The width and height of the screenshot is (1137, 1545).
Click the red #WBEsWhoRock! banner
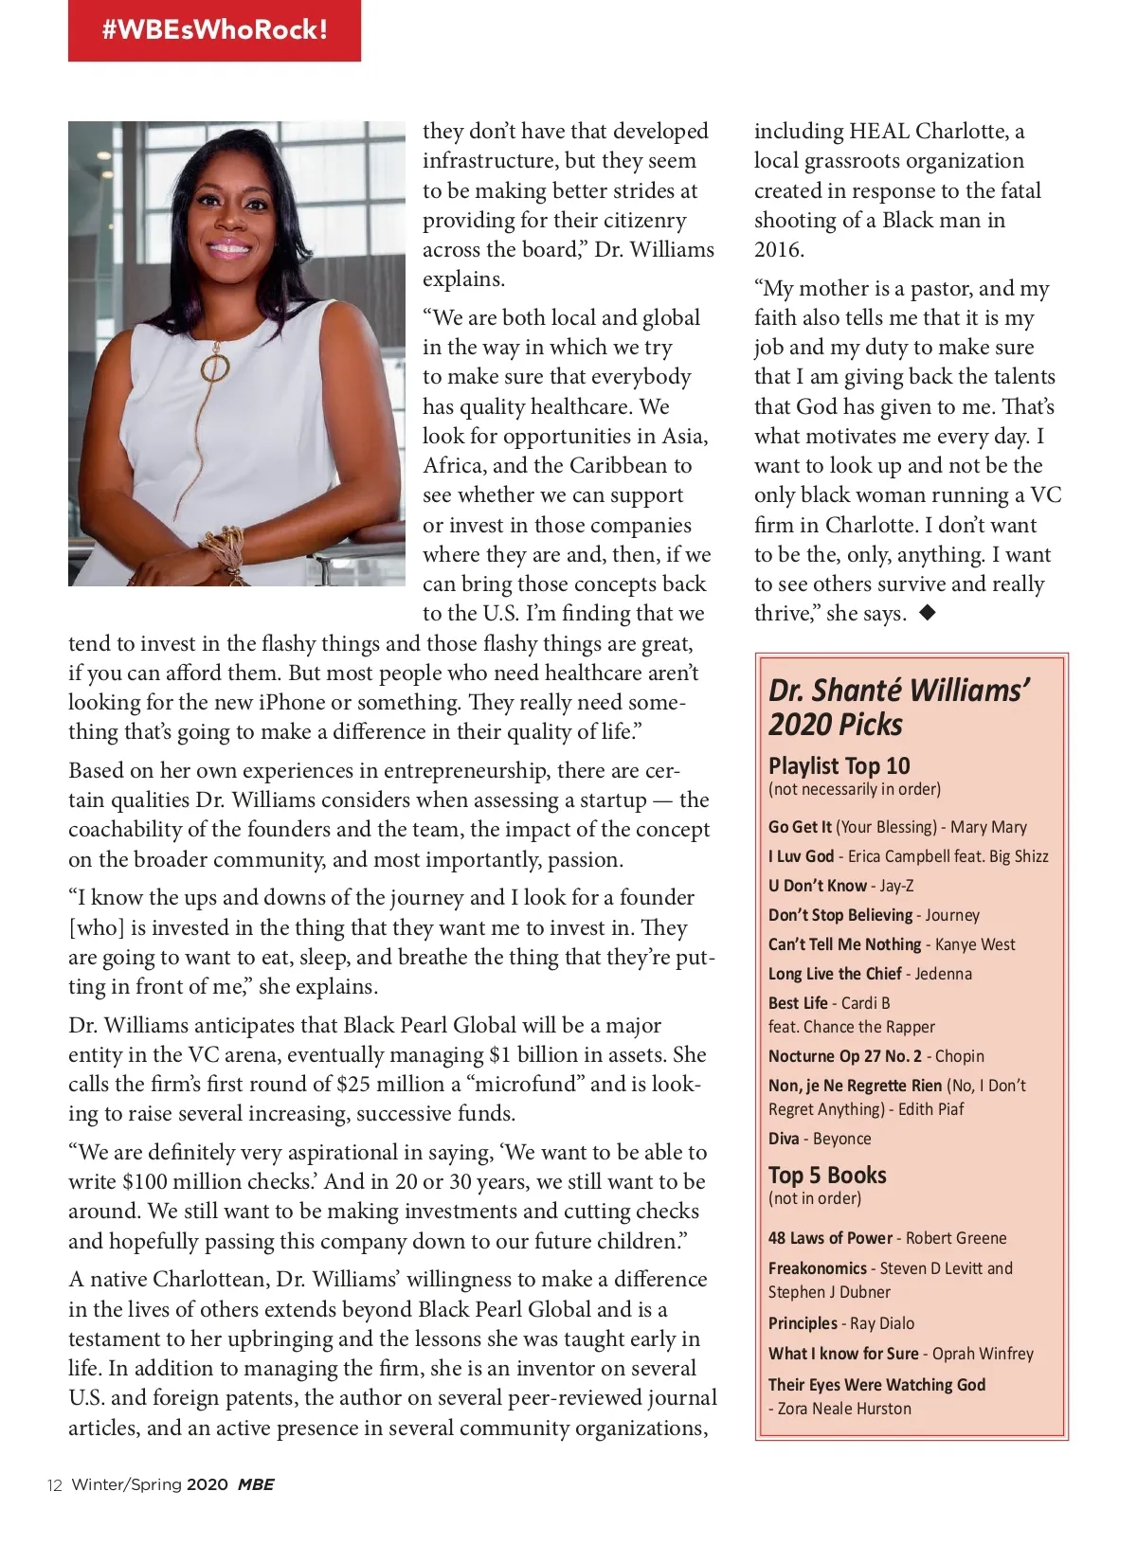[x=214, y=30]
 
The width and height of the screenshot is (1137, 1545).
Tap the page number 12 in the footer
[x=55, y=1485]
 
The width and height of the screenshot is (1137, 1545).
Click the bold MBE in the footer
[x=256, y=1484]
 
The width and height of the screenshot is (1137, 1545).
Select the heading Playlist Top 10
[x=839, y=765]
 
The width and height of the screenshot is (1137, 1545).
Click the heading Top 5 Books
[x=827, y=1176]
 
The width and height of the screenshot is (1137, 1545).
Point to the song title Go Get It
[x=800, y=827]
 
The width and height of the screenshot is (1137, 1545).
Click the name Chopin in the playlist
[x=959, y=1056]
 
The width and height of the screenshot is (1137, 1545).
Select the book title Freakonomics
[x=817, y=1268]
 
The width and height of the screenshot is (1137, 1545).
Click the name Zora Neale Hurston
[x=844, y=1409]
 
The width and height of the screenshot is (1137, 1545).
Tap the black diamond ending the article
[x=928, y=613]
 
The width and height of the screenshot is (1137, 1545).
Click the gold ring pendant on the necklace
[x=215, y=368]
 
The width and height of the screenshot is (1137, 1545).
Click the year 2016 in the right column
[x=779, y=250]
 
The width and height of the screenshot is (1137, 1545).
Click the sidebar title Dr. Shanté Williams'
[x=898, y=691]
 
